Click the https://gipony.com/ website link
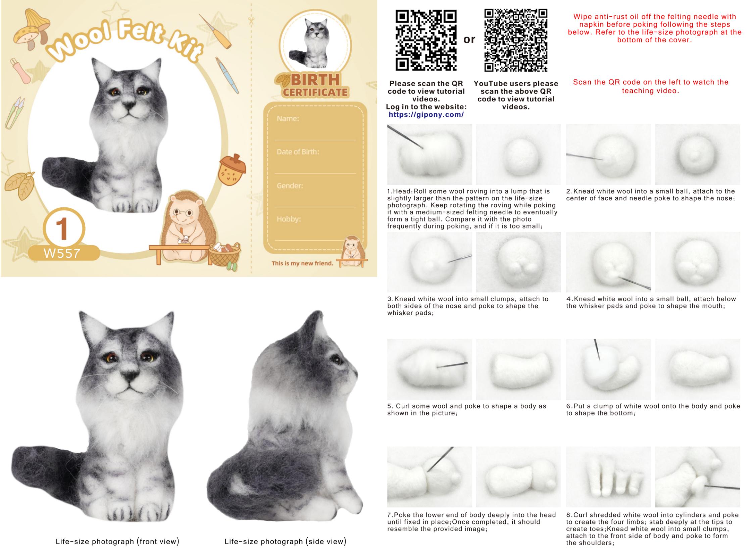pos(426,114)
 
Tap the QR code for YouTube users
pos(515,40)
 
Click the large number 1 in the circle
pos(62,229)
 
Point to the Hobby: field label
pos(289,219)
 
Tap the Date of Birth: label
pos(298,152)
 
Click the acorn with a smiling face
pos(232,170)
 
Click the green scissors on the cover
pos(14,113)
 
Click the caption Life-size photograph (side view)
pos(285,541)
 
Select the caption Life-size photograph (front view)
pos(117,541)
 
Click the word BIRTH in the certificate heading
pos(315,80)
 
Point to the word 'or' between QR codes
pos(469,40)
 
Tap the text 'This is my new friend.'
pos(302,263)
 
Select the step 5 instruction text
pos(467,409)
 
